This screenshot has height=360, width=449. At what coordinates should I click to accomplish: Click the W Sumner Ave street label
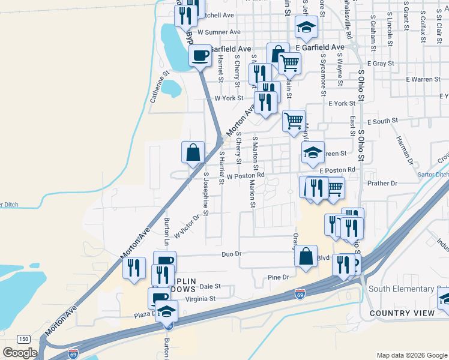(219, 32)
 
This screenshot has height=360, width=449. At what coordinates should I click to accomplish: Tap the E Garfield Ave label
(320, 47)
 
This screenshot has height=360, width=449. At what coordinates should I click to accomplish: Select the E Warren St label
(423, 79)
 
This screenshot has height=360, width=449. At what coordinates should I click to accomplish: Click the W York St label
(229, 98)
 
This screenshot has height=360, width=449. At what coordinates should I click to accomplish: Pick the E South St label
(382, 121)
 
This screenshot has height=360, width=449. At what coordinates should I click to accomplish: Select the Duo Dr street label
(231, 254)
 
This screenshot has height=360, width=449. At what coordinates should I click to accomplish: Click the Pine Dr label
(279, 277)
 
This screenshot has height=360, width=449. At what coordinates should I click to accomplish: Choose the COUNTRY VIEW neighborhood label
(402, 313)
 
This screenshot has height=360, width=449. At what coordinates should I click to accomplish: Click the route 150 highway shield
(23, 339)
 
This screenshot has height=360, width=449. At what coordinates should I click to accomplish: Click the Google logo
(20, 353)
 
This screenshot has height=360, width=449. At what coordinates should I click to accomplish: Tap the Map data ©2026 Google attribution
(411, 355)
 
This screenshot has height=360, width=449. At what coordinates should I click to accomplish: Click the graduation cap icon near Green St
(313, 152)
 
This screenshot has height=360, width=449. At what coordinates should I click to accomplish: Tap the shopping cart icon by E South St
(294, 120)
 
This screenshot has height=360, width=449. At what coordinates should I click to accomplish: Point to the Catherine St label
(157, 87)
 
